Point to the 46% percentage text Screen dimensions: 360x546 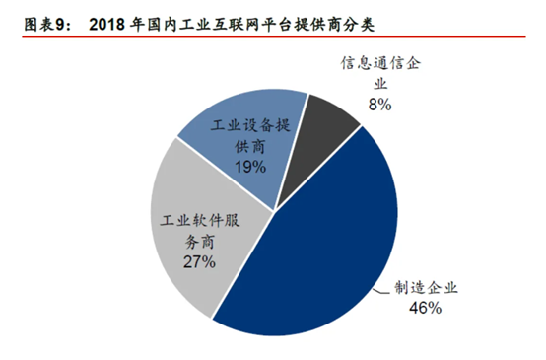click(x=425, y=308)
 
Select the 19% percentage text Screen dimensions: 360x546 click(x=249, y=167)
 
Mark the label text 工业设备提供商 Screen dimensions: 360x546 click(x=250, y=138)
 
